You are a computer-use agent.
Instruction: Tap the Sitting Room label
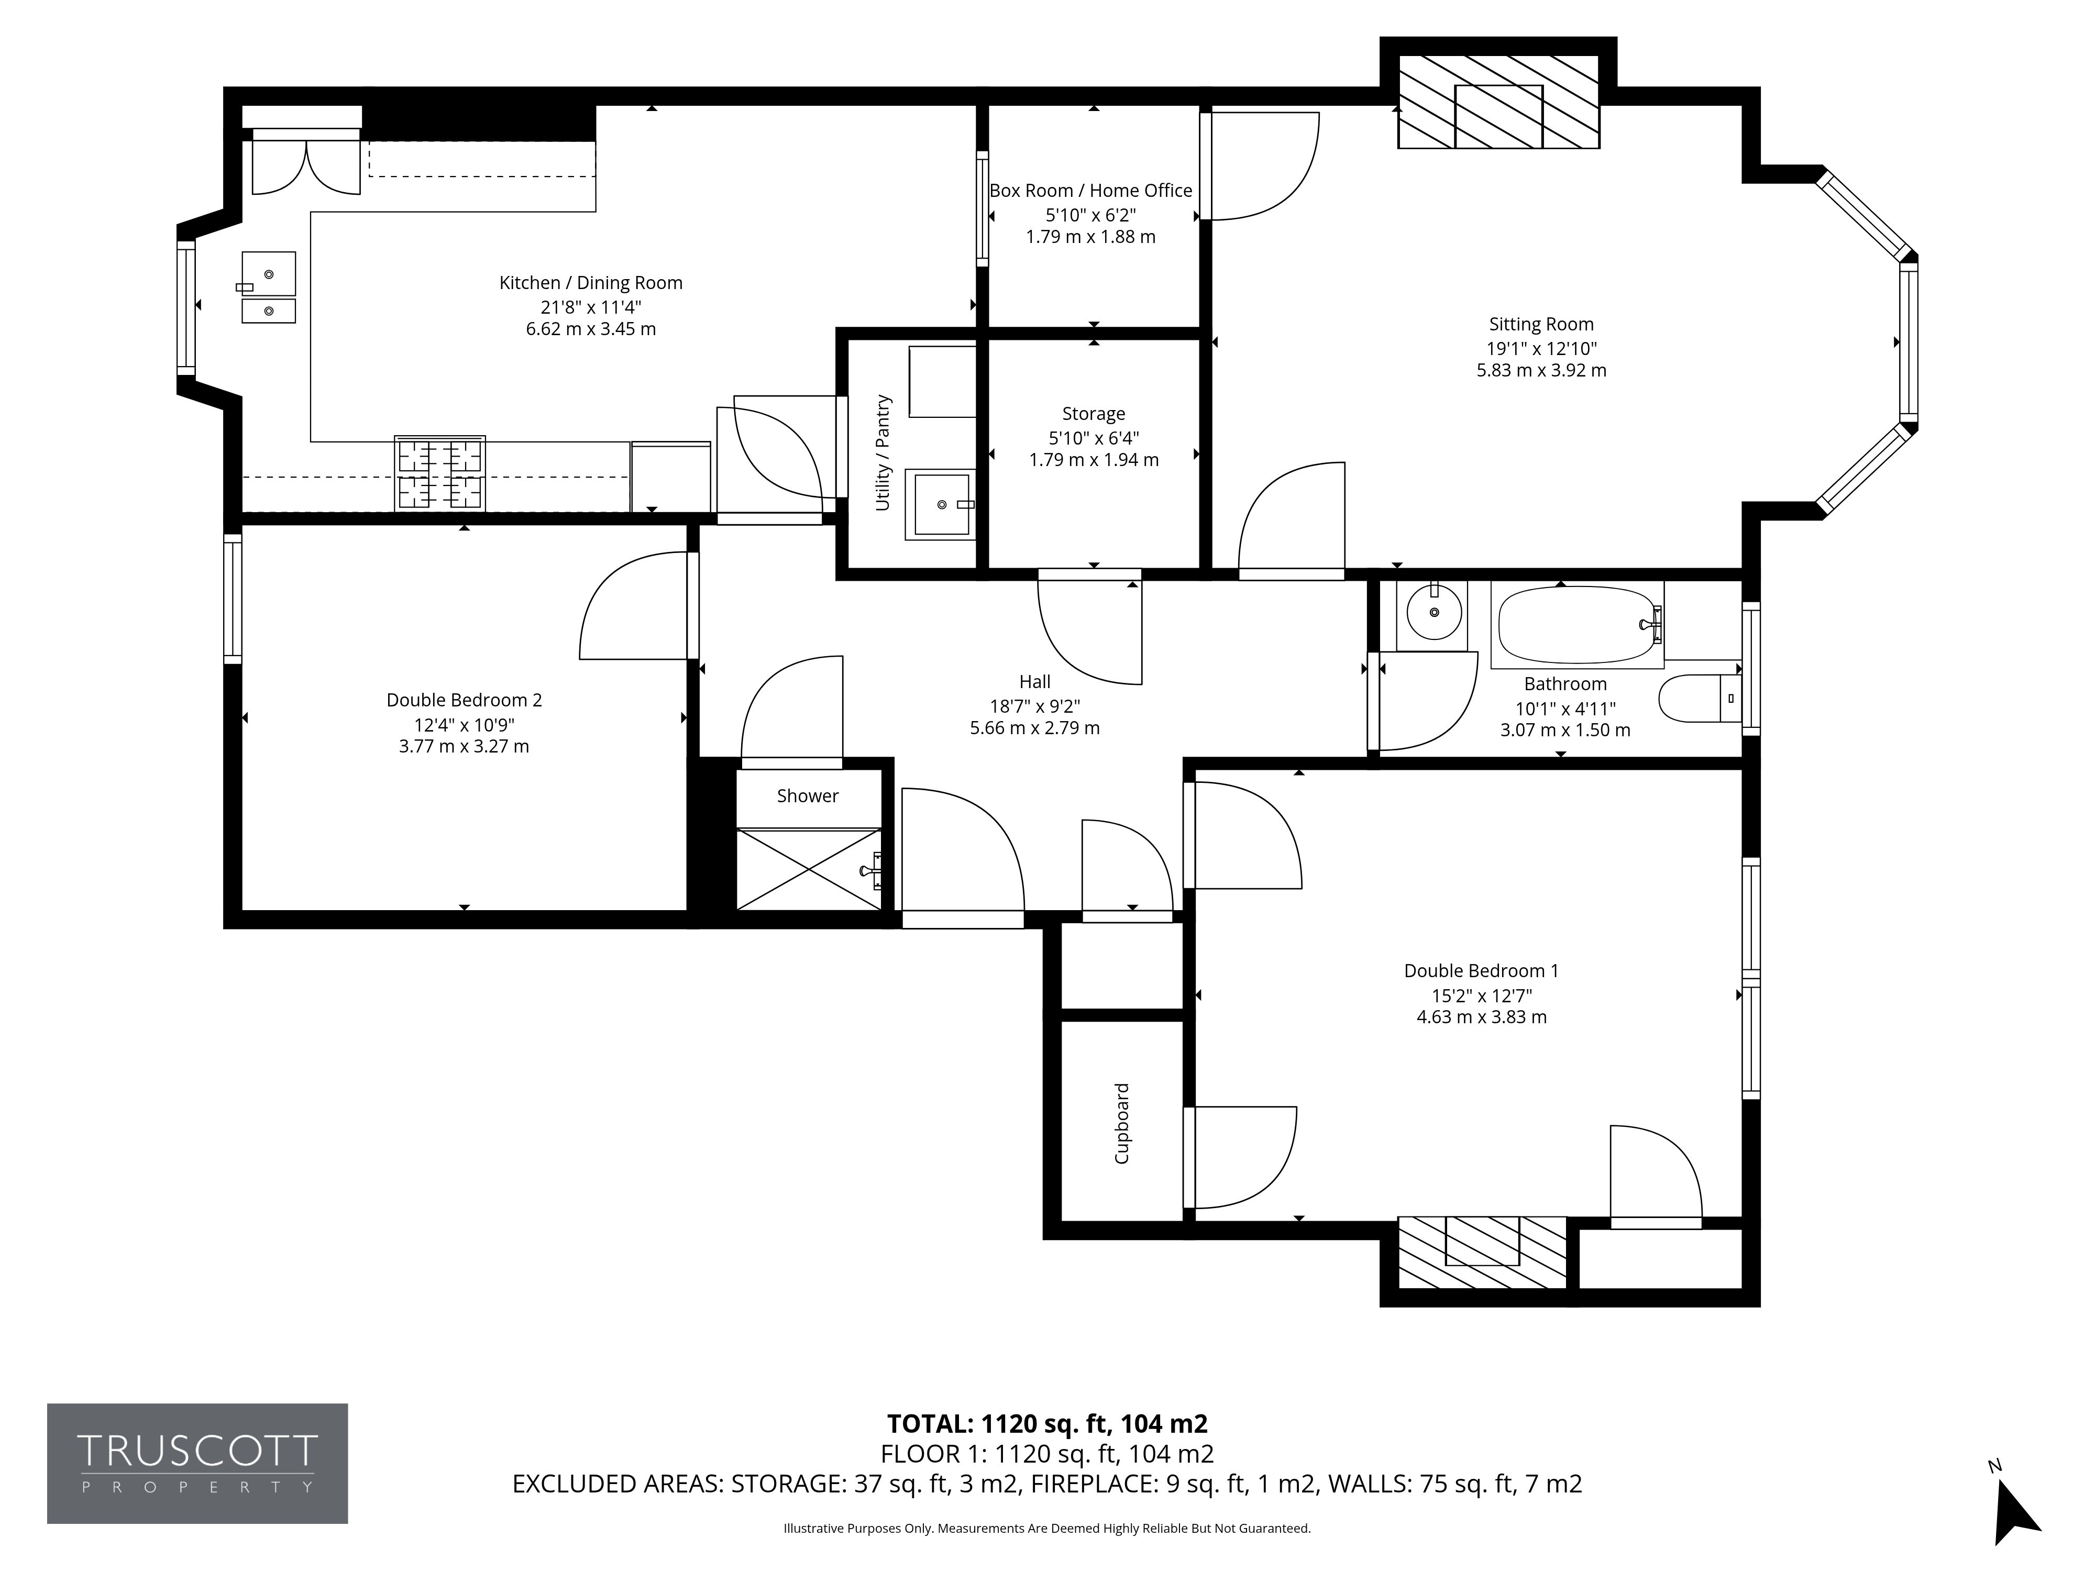tap(1541, 324)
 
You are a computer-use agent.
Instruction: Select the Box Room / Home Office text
tap(1090, 190)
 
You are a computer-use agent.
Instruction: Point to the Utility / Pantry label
tap(883, 452)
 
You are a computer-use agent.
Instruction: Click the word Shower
tap(807, 795)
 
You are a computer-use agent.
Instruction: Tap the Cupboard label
tap(1121, 1123)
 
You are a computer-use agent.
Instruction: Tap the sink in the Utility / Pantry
tap(941, 504)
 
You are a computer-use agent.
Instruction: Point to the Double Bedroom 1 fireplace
tap(1482, 1252)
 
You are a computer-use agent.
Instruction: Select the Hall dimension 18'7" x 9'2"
tap(1035, 705)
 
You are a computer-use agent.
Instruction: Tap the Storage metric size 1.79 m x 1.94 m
tap(1094, 460)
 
